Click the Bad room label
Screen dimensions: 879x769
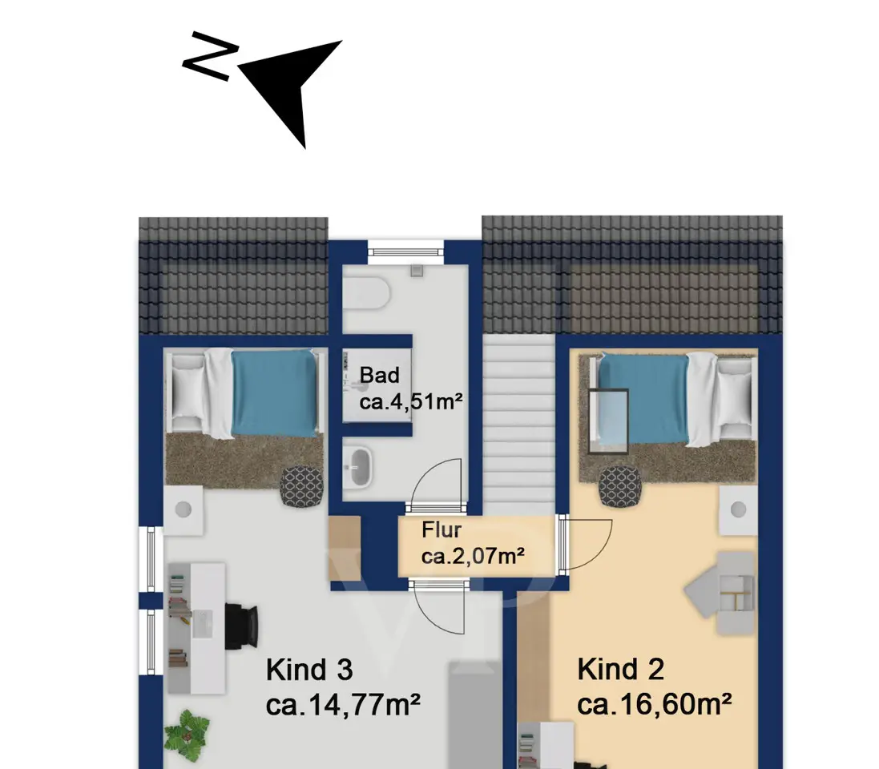[x=380, y=375]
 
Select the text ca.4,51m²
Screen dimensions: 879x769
[x=411, y=402]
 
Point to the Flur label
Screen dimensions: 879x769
[x=442, y=529]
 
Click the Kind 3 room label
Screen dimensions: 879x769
[x=309, y=670]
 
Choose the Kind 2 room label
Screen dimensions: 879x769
[x=621, y=669]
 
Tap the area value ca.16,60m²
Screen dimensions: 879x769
[x=655, y=704]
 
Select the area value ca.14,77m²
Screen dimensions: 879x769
[x=343, y=705]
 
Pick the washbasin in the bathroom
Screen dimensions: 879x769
[x=357, y=466]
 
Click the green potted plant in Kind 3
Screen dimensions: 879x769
[x=187, y=731]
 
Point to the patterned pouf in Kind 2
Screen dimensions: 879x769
[x=620, y=485]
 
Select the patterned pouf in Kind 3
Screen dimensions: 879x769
[x=302, y=486]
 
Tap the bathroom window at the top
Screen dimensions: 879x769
[x=406, y=248]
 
